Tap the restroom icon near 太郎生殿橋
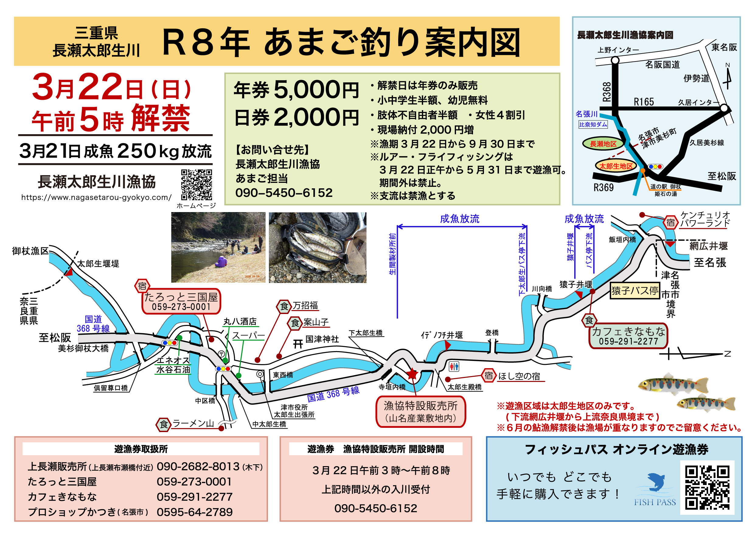[x=454, y=366]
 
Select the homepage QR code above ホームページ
[x=197, y=185]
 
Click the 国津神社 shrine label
[x=322, y=339]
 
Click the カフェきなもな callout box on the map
[x=628, y=336]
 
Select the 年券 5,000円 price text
[x=296, y=90]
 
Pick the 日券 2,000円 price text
[x=296, y=117]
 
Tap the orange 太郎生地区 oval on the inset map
[x=616, y=166]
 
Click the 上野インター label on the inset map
[x=618, y=50]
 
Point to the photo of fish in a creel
[x=317, y=247]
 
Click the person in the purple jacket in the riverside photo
[x=221, y=262]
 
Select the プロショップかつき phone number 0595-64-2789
[x=195, y=512]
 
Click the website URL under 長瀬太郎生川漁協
[x=96, y=197]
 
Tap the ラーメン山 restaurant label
[x=193, y=423]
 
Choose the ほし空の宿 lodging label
[x=519, y=376]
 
